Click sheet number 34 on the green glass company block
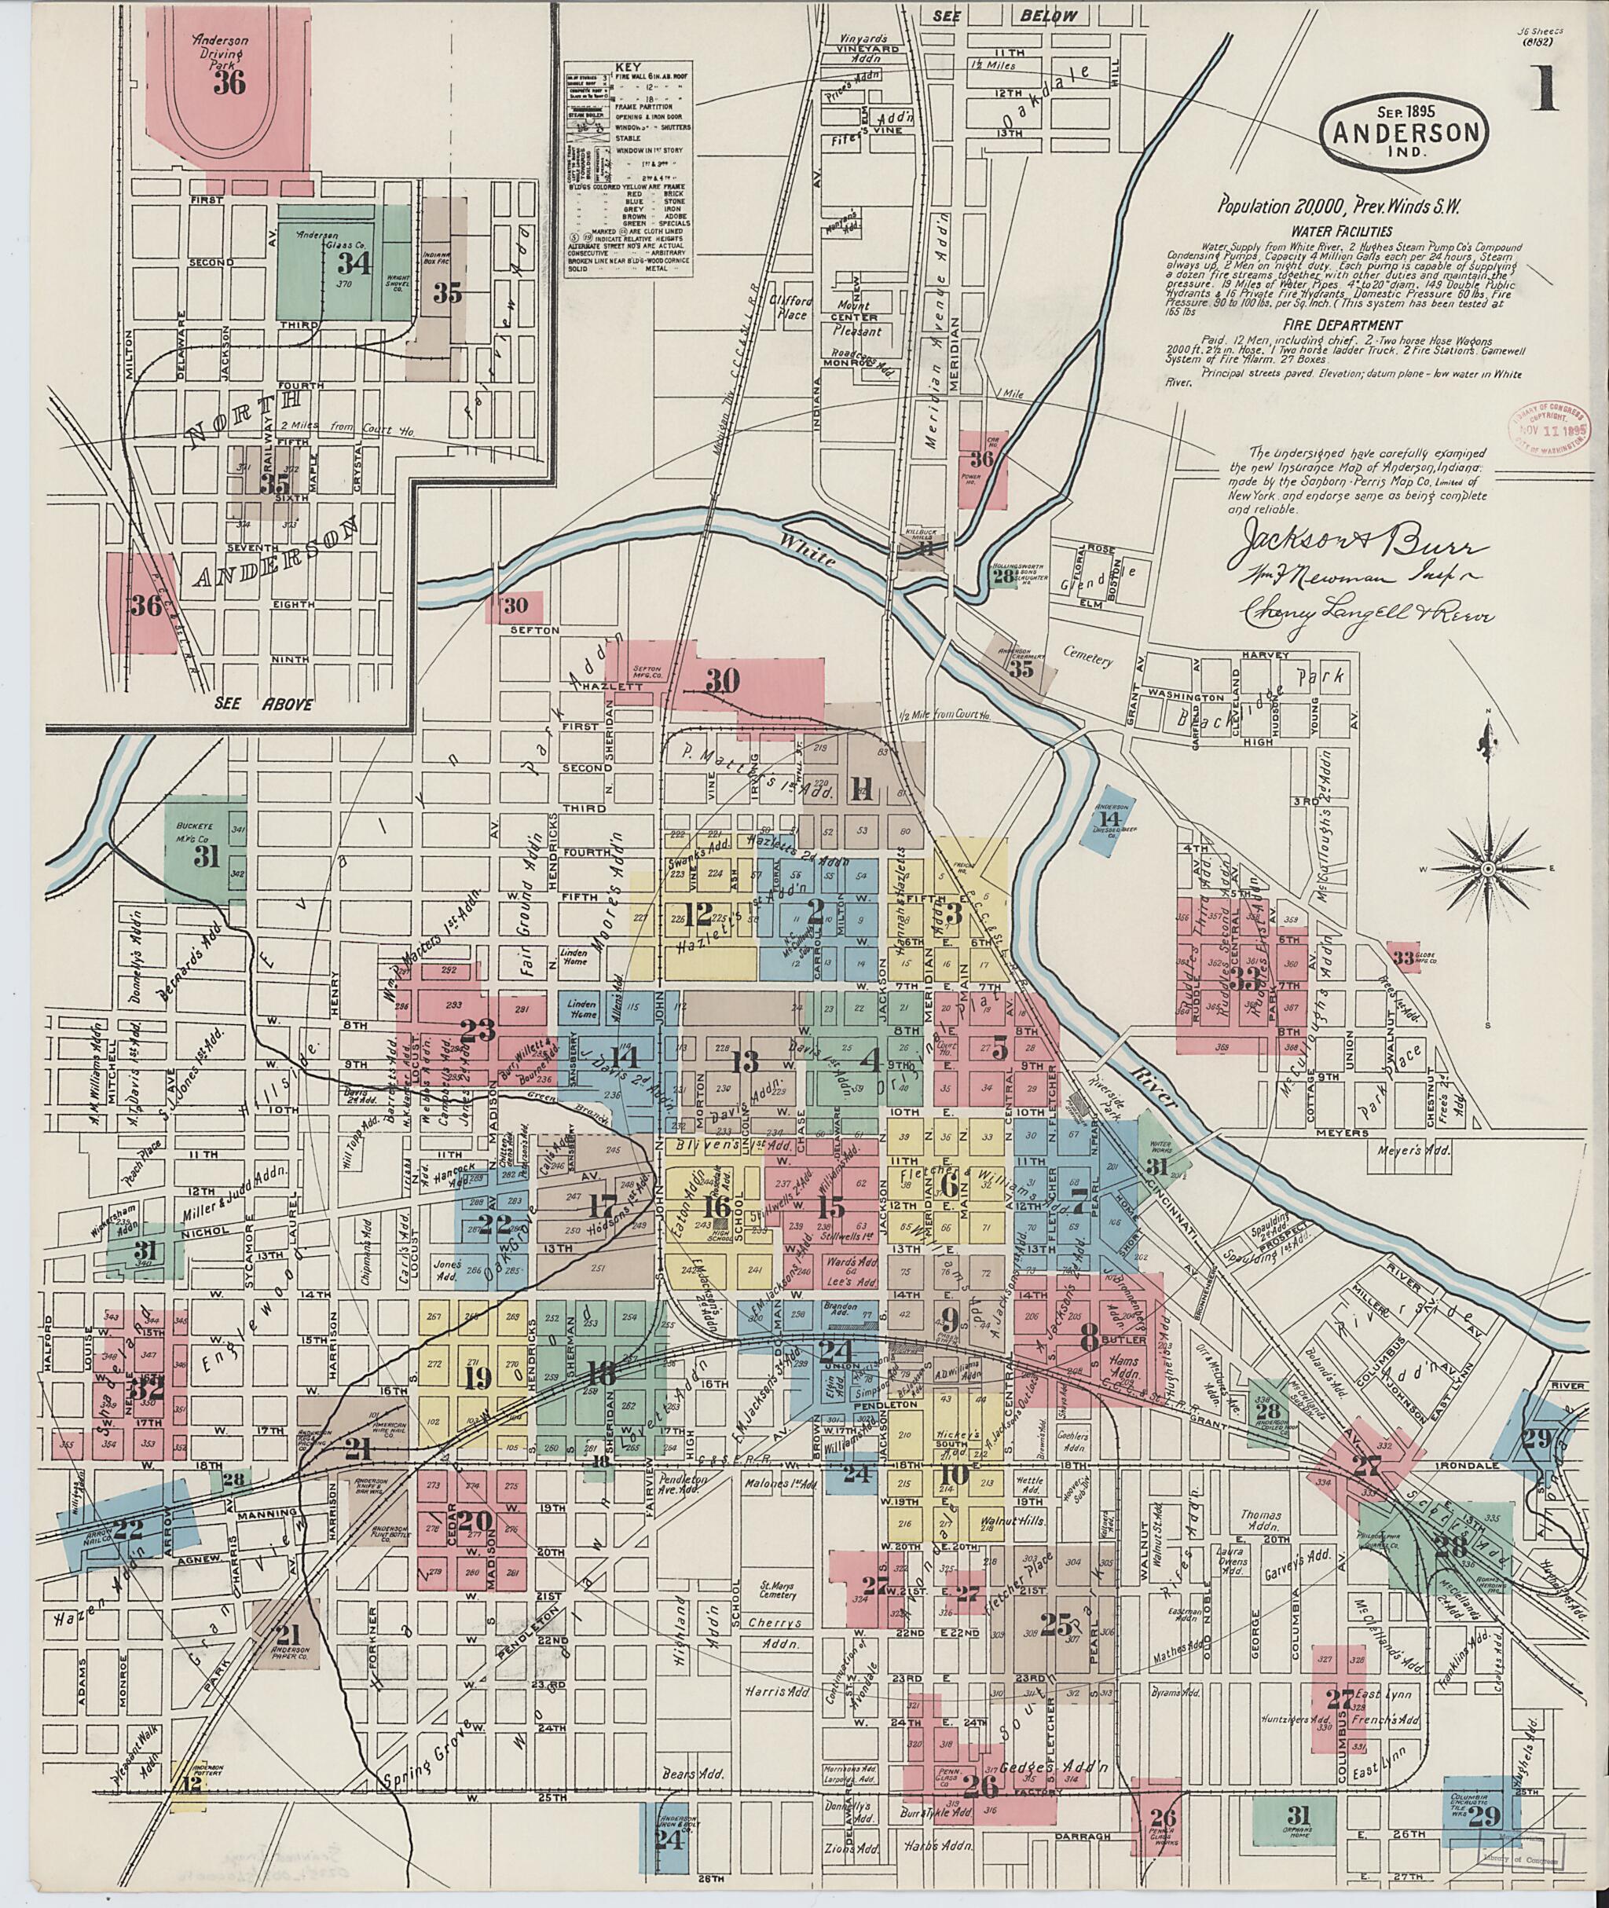352,264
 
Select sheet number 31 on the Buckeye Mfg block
207,856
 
